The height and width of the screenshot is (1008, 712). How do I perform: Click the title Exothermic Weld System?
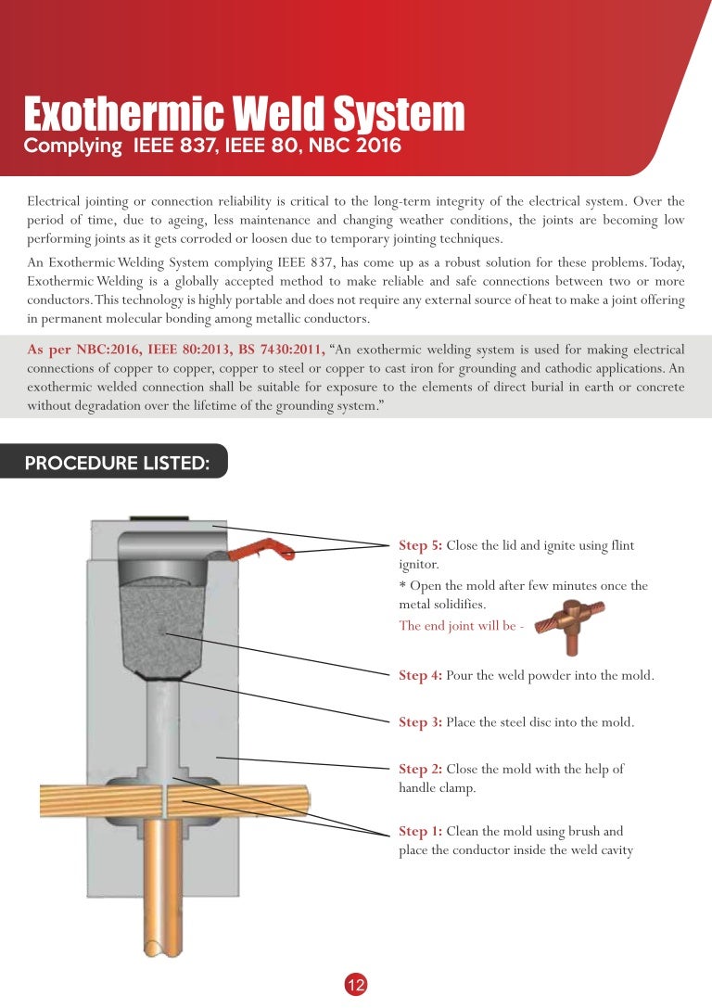click(x=243, y=114)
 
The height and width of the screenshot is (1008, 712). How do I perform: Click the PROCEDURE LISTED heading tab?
click(x=116, y=463)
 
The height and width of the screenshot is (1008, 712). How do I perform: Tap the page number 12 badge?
click(x=356, y=986)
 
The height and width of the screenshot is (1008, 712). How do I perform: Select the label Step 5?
click(x=420, y=545)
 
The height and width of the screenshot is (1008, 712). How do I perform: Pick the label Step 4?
click(x=420, y=675)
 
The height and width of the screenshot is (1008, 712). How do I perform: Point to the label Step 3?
click(x=420, y=721)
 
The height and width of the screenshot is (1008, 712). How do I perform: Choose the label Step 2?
click(x=420, y=769)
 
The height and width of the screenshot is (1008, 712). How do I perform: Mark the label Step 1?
click(x=420, y=831)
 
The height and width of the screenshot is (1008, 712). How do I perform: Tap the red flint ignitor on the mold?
click(x=269, y=554)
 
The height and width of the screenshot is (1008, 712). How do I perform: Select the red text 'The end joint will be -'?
click(x=461, y=625)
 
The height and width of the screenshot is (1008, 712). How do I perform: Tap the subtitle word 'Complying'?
click(x=72, y=146)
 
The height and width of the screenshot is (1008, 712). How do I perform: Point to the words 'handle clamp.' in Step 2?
click(x=437, y=788)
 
